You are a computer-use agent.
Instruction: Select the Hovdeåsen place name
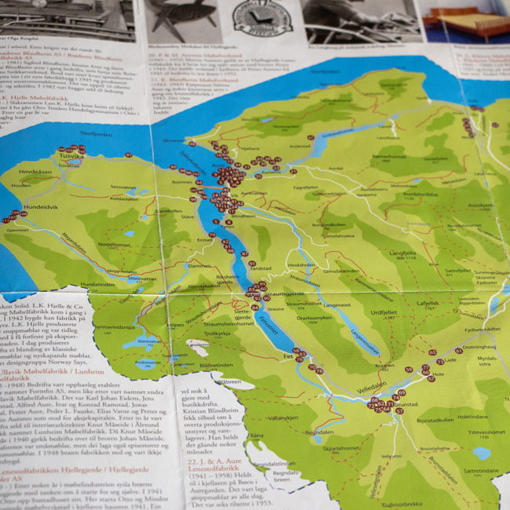(x=35, y=171)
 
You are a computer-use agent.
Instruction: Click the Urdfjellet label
(x=385, y=311)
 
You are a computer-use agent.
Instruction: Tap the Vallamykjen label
(x=282, y=418)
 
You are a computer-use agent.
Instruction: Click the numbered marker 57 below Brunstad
(x=399, y=410)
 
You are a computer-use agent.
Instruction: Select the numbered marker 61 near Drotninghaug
(x=458, y=351)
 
